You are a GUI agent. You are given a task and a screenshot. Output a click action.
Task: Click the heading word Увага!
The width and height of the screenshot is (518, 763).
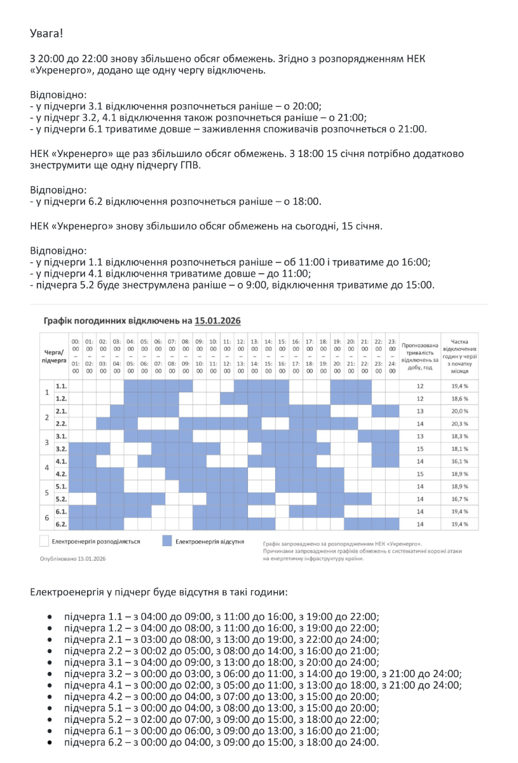[x=47, y=32]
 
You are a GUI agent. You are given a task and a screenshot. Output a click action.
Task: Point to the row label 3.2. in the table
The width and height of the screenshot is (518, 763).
[x=61, y=448]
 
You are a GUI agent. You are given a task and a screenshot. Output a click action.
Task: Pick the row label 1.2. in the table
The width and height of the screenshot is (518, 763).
[x=61, y=398]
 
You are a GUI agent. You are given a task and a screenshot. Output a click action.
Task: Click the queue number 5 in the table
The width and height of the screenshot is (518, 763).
[x=46, y=493]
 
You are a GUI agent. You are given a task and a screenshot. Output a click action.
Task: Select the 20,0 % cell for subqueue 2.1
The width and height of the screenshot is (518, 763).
[x=460, y=411]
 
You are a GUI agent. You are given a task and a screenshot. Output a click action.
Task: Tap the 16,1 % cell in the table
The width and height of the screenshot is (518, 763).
[x=460, y=461]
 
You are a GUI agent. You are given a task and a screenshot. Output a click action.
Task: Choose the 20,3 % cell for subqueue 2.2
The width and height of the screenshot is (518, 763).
[x=460, y=423]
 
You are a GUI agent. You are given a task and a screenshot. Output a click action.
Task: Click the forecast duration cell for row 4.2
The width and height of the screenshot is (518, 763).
[x=419, y=474]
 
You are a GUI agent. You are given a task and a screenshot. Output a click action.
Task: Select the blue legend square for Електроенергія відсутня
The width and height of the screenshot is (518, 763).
[x=167, y=541]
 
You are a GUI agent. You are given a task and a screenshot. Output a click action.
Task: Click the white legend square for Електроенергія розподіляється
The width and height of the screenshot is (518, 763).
[x=43, y=541]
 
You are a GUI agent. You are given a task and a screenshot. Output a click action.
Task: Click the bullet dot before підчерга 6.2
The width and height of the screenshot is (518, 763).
[x=50, y=742]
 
